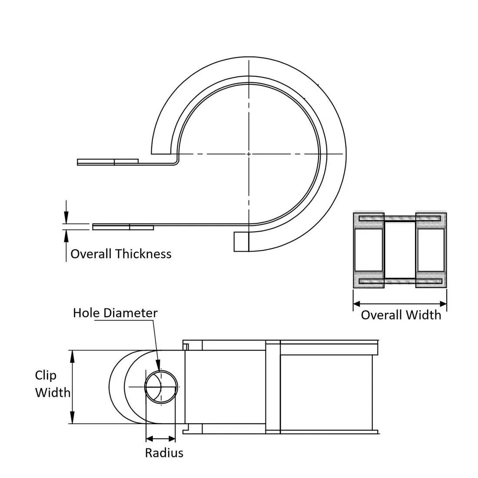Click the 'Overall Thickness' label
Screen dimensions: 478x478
coord(121,254)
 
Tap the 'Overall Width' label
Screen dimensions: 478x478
coord(401,315)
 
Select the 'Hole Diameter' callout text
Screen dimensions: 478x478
coord(115,313)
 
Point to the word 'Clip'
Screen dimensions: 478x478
coord(46,375)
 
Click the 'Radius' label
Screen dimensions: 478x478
coord(164,453)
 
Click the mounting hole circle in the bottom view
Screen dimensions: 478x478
coord(161,387)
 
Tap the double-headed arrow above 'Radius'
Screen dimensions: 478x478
coord(160,439)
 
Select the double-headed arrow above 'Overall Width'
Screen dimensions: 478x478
coord(400,303)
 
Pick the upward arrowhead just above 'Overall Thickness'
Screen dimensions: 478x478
coord(66,235)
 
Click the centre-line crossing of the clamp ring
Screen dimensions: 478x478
coord(249,154)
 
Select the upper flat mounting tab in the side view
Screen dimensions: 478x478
coord(108,162)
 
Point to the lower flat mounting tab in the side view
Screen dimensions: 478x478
coord(123,227)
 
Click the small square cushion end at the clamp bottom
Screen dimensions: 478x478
coord(241,242)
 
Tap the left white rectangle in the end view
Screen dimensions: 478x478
coord(368,249)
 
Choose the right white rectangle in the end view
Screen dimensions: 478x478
coord(431,249)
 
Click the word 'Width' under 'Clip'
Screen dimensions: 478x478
coord(53,392)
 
